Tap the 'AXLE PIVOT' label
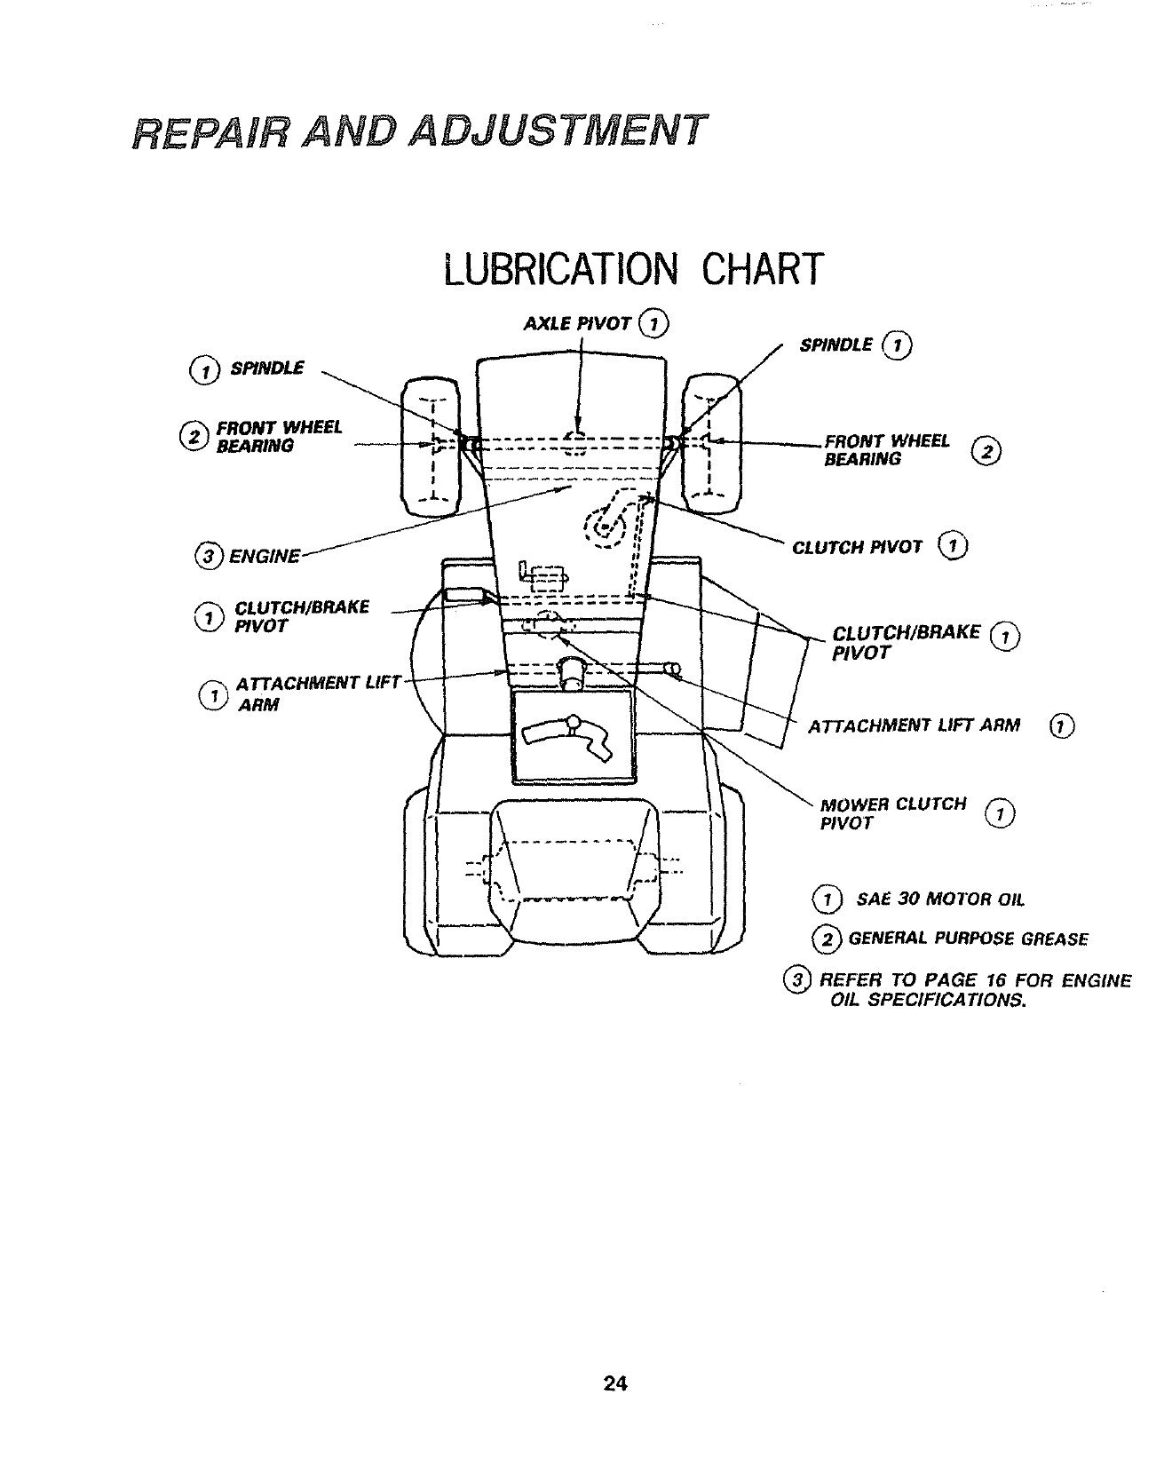pos(577,323)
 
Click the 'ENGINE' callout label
pos(264,557)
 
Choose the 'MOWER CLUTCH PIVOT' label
pos(892,813)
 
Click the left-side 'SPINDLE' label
pos(266,368)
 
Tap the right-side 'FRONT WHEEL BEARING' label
pos(886,450)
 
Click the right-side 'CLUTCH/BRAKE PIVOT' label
pos(906,642)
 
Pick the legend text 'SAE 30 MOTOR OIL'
pos(939,899)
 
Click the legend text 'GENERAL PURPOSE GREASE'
pos(967,939)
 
